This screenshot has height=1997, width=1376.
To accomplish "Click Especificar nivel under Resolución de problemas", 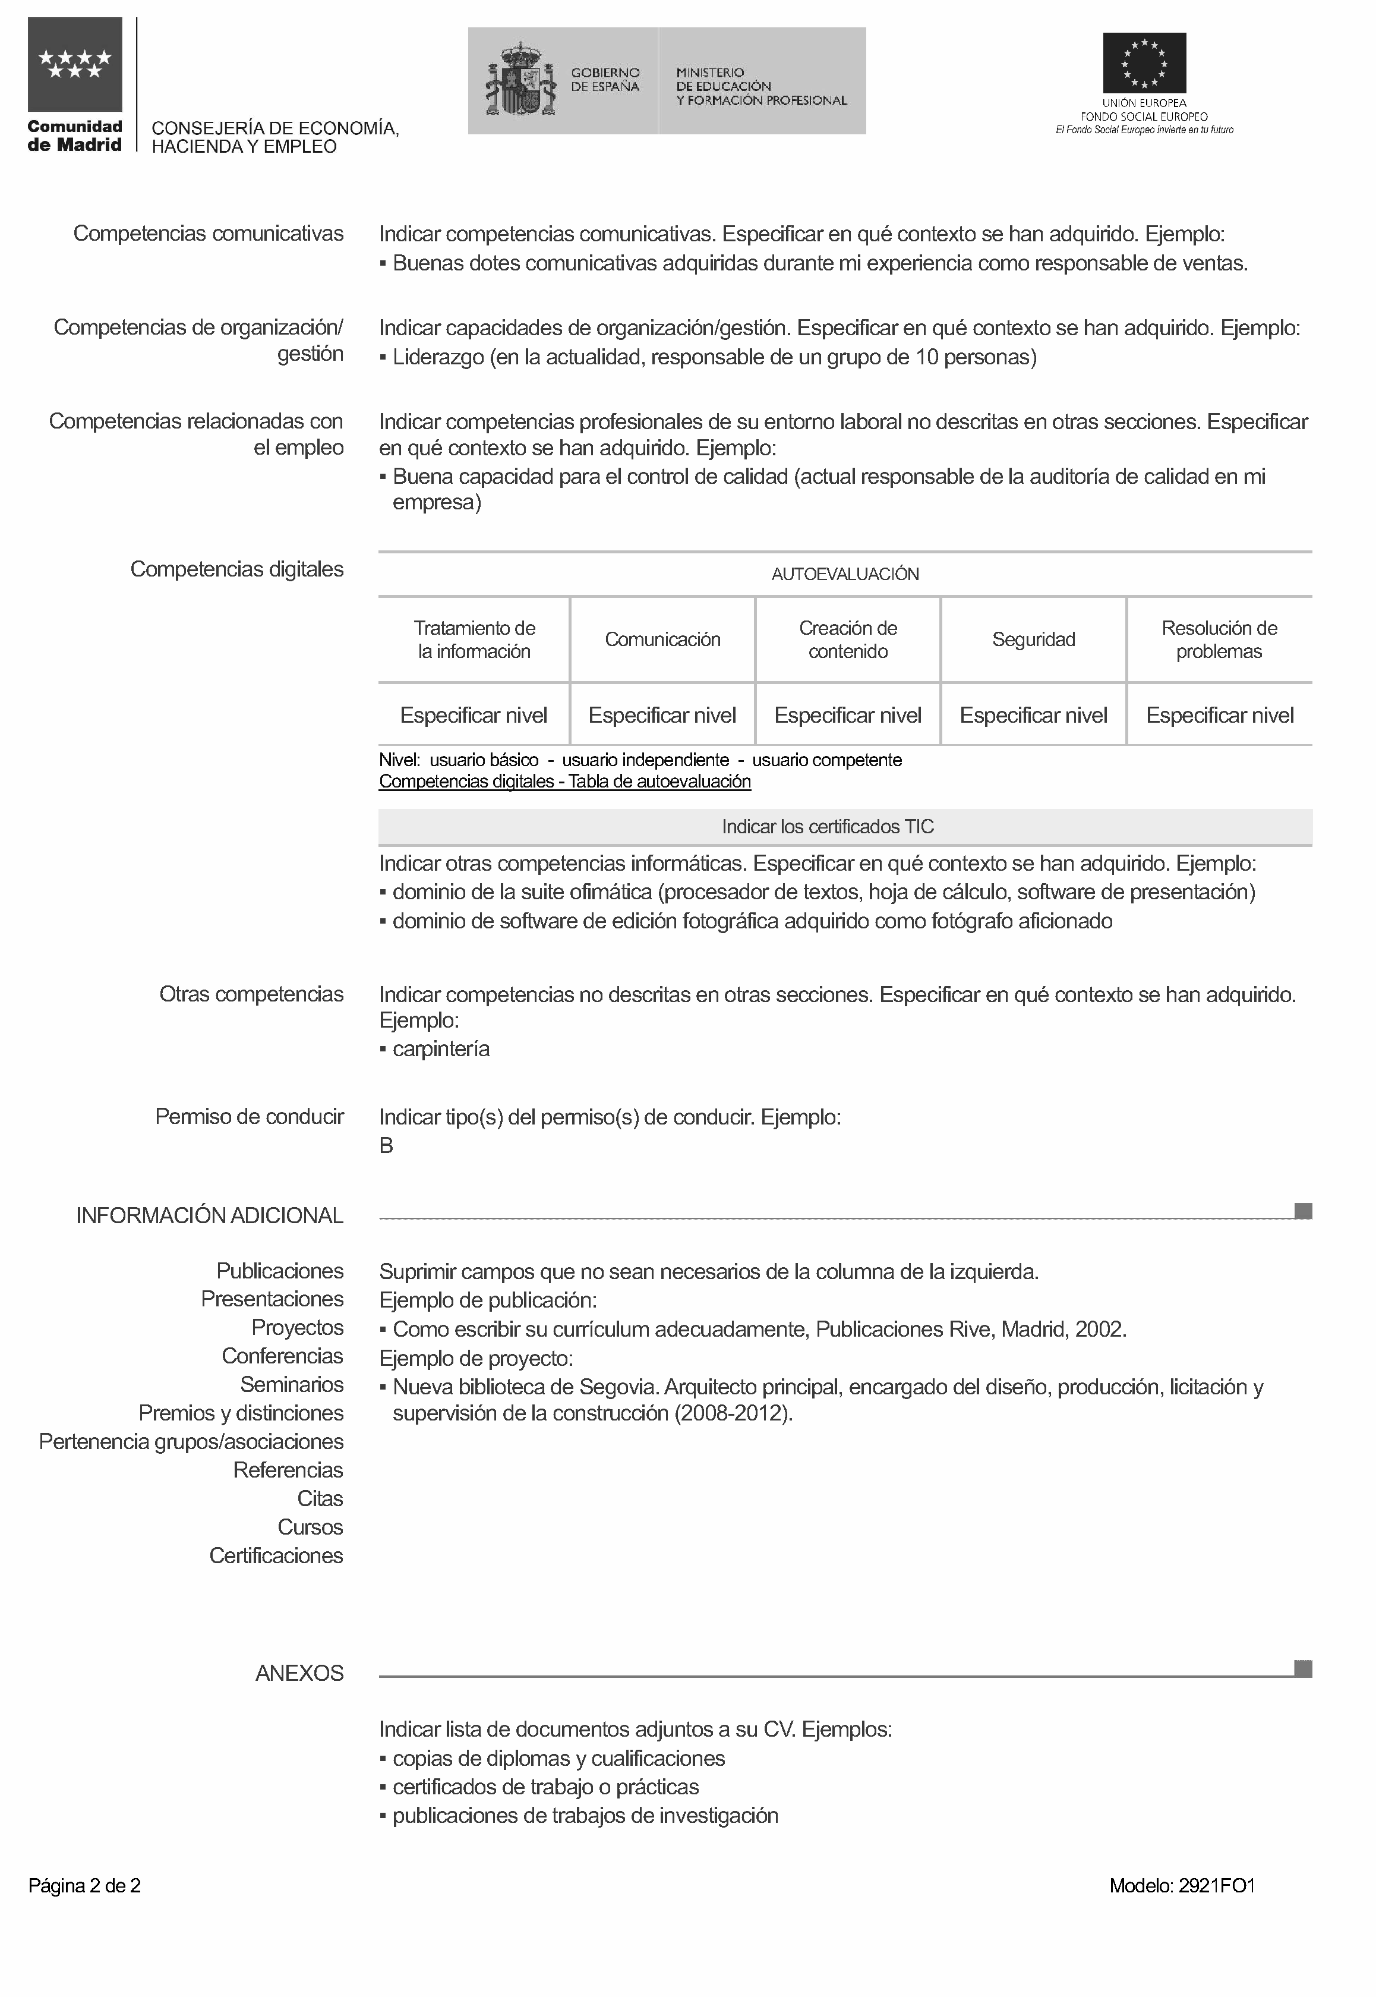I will pyautogui.click(x=1219, y=716).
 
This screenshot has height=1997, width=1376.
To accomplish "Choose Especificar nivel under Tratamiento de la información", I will pyautogui.click(x=474, y=716).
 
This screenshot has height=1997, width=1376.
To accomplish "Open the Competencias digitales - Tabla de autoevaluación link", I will pyautogui.click(x=564, y=782).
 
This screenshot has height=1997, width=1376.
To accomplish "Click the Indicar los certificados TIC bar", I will pyautogui.click(x=828, y=827).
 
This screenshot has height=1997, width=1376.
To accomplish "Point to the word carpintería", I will pyautogui.click(x=441, y=1050).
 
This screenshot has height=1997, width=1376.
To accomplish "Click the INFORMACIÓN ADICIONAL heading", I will pyautogui.click(x=210, y=1216).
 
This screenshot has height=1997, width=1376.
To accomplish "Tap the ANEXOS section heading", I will pyautogui.click(x=299, y=1674).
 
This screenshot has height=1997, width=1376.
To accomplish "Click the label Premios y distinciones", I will pyautogui.click(x=241, y=1413).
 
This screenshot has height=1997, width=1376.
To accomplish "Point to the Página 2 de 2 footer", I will pyautogui.click(x=84, y=1886).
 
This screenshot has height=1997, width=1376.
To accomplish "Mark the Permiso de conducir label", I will pyautogui.click(x=249, y=1117).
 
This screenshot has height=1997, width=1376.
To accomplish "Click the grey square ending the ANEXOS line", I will pyautogui.click(x=1303, y=1670).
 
